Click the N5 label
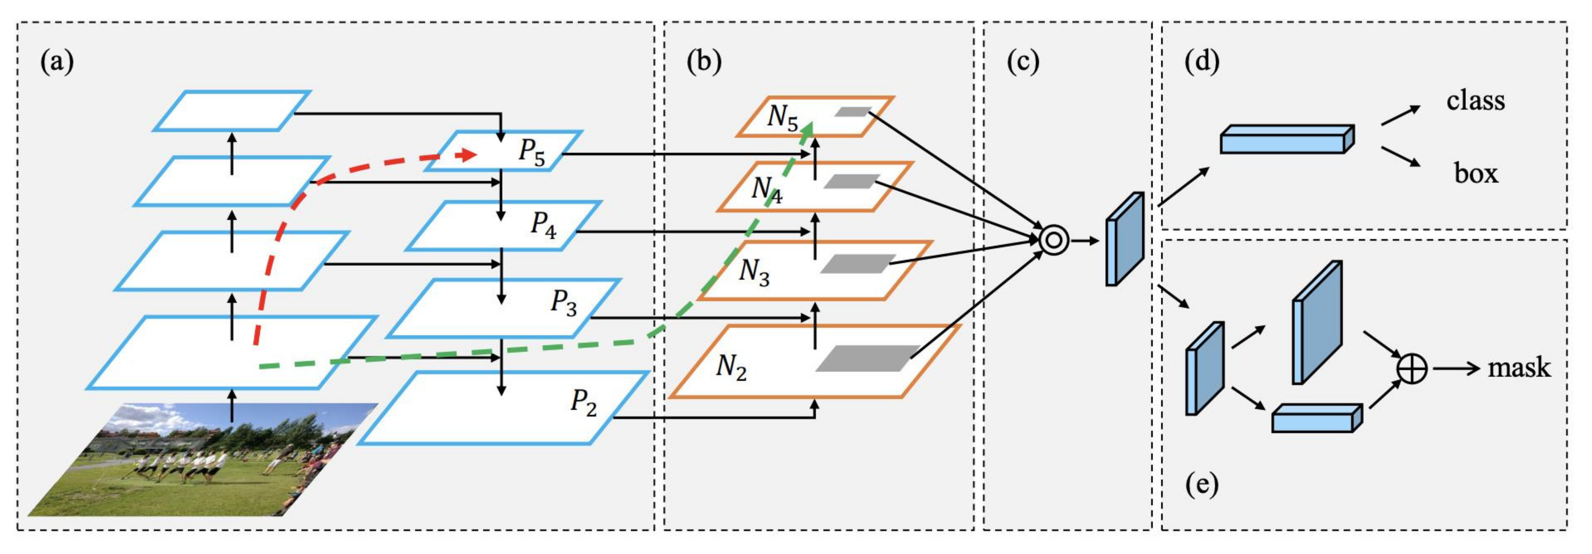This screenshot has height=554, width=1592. point(782,117)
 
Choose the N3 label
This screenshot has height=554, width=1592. point(754,272)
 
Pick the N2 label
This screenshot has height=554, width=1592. point(731,367)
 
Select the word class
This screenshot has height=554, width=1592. point(1475,101)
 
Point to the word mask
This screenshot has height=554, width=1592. point(1519,368)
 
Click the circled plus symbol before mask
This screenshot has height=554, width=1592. point(1412,369)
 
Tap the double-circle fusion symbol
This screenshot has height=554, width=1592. point(1054,240)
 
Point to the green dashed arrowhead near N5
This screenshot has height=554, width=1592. point(808,128)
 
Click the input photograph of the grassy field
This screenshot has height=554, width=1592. point(204,460)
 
